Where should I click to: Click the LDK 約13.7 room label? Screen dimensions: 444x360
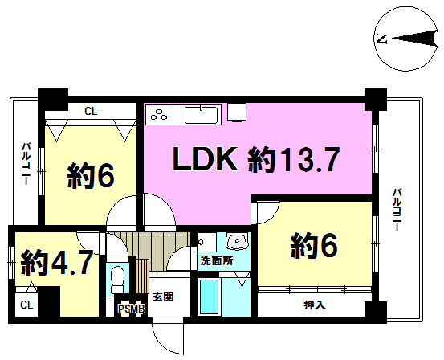(255, 159)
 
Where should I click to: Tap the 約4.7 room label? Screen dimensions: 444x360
(57, 262)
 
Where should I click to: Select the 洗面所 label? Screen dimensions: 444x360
(217, 260)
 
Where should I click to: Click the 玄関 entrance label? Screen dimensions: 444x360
(163, 297)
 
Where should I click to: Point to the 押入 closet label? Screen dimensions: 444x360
(315, 305)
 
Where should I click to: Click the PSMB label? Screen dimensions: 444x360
(132, 309)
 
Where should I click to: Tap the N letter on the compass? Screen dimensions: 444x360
(382, 39)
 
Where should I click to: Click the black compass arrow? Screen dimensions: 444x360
(414, 39)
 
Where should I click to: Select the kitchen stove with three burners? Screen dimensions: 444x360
(157, 116)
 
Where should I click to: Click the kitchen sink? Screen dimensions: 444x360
(202, 115)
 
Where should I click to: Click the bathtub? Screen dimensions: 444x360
(210, 297)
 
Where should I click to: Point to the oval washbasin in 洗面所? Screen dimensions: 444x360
(236, 242)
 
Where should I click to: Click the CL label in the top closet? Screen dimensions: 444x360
(91, 112)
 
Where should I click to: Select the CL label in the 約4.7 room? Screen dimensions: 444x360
(26, 305)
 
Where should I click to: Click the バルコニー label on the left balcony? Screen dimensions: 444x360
(26, 165)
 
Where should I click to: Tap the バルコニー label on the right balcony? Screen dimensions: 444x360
(396, 209)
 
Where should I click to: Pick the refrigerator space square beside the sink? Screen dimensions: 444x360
(238, 112)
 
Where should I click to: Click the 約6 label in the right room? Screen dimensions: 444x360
(314, 246)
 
